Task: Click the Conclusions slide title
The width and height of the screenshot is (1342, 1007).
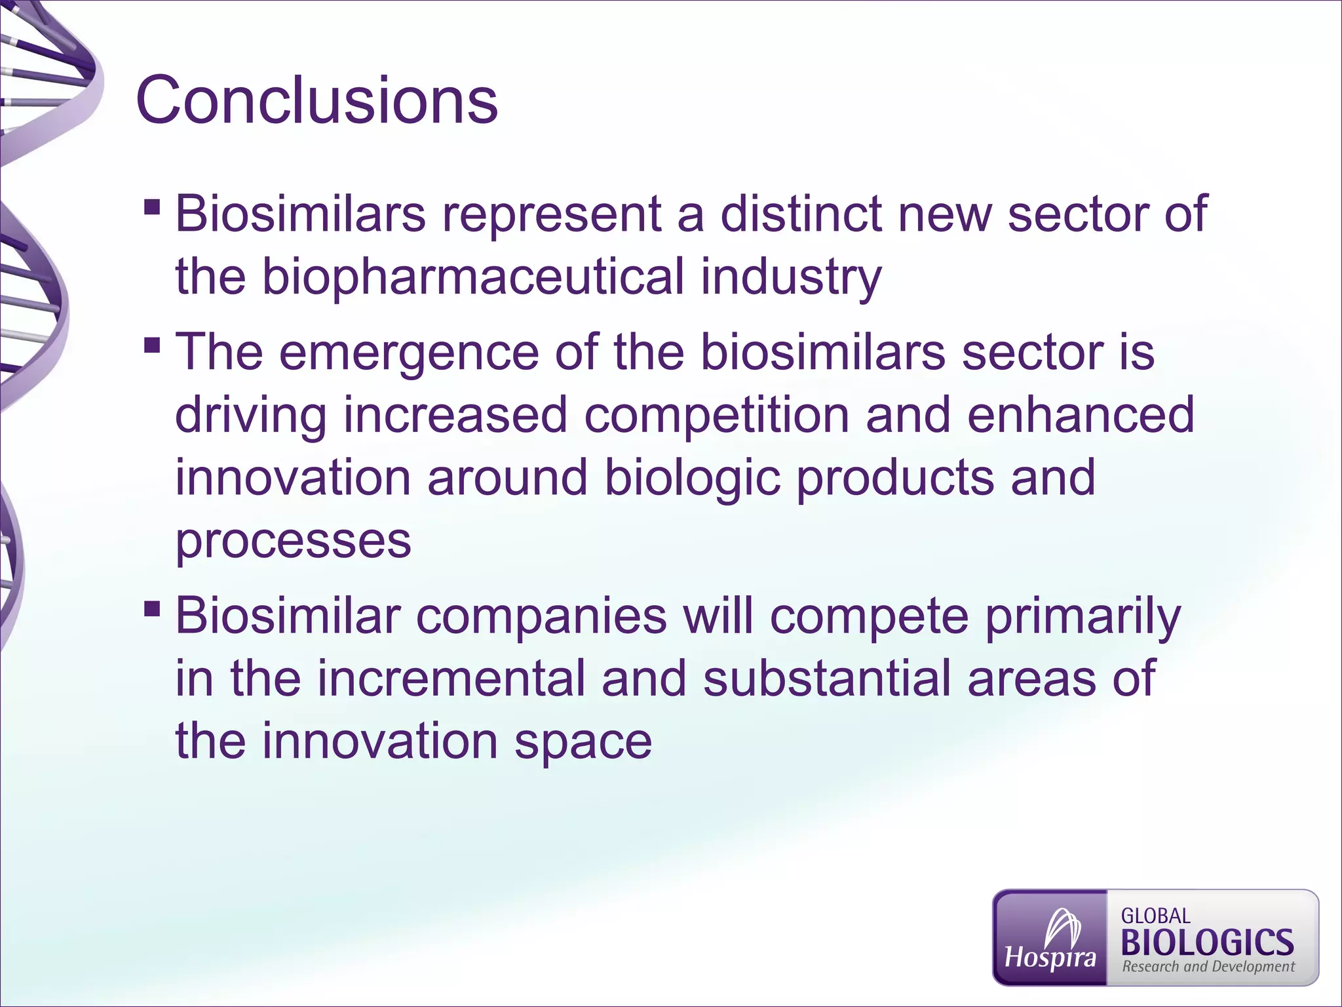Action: tap(316, 100)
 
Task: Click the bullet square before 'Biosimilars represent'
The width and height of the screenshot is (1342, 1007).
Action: tap(152, 208)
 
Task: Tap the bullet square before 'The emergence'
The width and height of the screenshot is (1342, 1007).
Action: tap(152, 346)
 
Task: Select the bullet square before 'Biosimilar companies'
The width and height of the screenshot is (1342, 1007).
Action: tap(152, 609)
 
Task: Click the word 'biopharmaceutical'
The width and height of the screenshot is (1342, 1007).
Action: tap(473, 277)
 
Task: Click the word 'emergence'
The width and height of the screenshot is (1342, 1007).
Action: tap(409, 352)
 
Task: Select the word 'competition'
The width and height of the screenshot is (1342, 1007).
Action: tap(716, 415)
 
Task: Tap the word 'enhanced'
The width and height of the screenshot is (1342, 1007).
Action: tap(1081, 415)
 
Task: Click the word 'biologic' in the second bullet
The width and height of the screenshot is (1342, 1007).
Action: tap(692, 478)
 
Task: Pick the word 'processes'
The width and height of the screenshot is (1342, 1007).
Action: tap(293, 541)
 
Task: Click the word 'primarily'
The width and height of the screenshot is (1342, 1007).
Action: tap(1083, 616)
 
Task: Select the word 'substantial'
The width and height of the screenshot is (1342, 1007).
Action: tap(826, 679)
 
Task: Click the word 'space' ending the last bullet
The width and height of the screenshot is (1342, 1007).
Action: tap(583, 741)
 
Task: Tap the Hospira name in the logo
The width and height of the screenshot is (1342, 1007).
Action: tap(1050, 958)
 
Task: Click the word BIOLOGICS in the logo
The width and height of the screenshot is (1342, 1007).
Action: tap(1207, 943)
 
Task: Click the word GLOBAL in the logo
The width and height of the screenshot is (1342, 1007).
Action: tap(1155, 916)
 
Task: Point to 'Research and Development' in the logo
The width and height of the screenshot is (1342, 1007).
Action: tap(1208, 966)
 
